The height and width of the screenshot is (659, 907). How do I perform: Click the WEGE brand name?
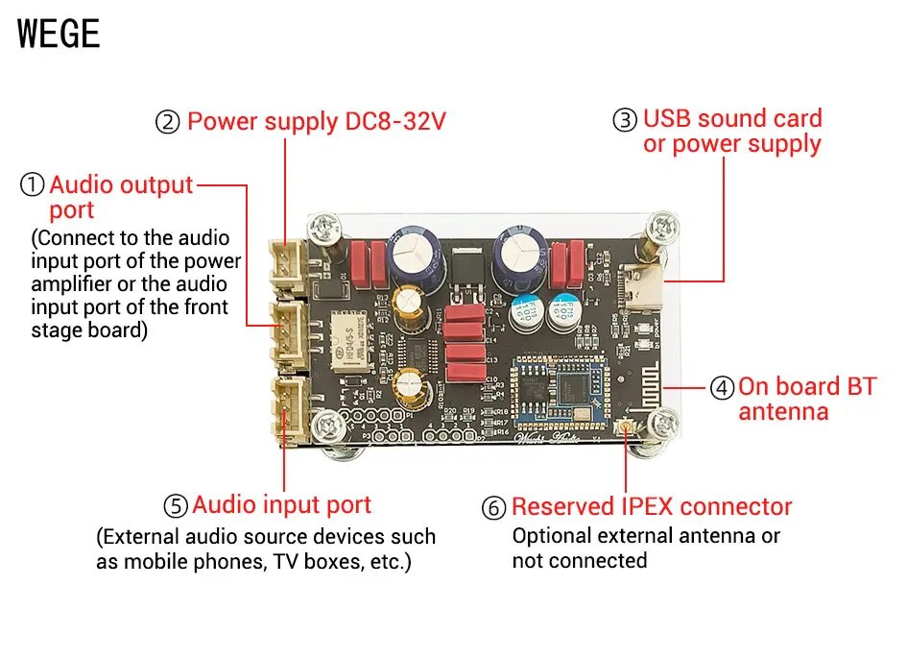coord(59,34)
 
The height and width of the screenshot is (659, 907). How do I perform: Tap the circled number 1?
coord(33,185)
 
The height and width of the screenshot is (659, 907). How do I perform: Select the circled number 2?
coord(168,122)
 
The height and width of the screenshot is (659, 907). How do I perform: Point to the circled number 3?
coord(625,120)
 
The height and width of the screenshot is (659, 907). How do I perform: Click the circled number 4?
coord(722,388)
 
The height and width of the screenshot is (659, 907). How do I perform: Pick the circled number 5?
coord(175,506)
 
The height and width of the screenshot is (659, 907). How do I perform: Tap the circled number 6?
coord(493,508)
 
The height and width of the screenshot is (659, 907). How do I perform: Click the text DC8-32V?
coord(394,122)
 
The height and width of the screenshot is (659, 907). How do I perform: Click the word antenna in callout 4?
coord(783,412)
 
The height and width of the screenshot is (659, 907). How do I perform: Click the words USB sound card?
coord(732,119)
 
